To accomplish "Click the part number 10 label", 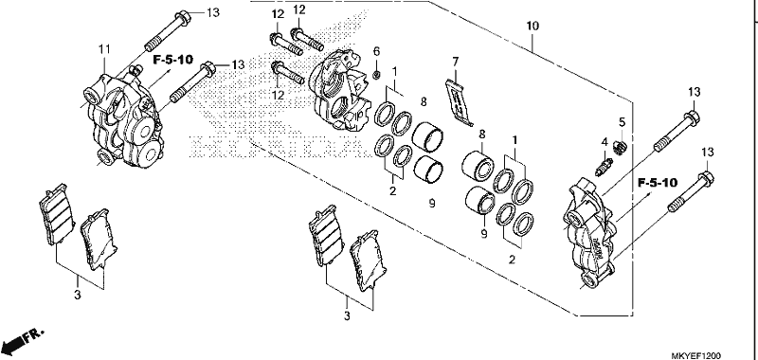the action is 532,27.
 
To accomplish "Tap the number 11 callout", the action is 105,49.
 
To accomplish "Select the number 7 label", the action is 455,62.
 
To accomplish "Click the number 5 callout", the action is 622,121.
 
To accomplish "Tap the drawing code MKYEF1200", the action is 695,356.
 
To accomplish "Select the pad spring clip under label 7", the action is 459,102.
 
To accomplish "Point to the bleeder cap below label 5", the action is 620,147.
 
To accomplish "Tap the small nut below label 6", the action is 378,74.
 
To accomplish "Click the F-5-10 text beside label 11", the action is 173,60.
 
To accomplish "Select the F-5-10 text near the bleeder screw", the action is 658,183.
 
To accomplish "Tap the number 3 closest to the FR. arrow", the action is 78,295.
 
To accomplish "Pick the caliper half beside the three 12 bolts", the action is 341,91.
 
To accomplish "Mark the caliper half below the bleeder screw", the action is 590,232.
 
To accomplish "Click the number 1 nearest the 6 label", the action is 394,71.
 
